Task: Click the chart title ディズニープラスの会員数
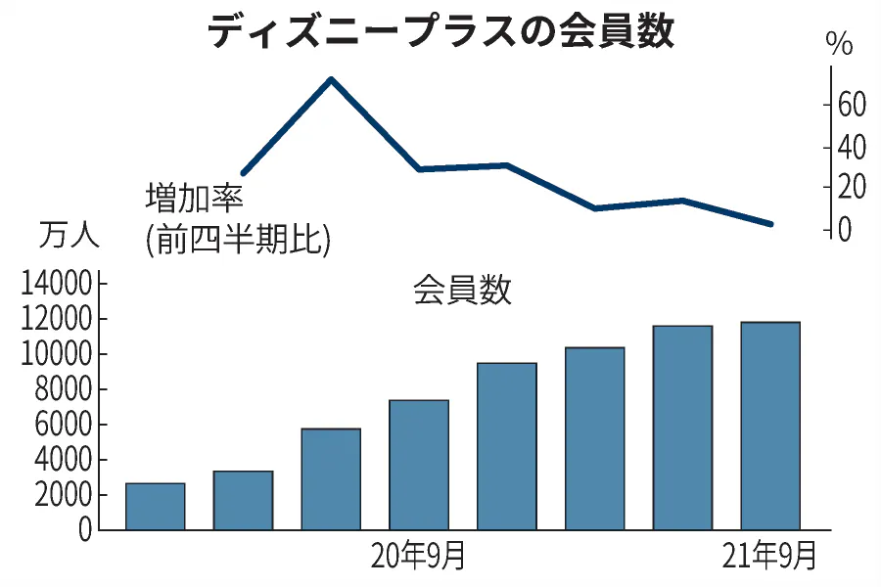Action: tap(440, 32)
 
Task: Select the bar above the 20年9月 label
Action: tap(419, 465)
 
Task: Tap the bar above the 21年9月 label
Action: tap(770, 426)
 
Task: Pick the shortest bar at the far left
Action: tap(155, 506)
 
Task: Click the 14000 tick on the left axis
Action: tap(56, 285)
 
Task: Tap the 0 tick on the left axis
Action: tap(85, 530)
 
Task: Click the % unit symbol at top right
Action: tap(840, 44)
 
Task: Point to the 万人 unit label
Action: tap(70, 235)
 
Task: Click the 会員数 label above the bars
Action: tap(462, 291)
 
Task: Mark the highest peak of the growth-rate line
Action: tap(331, 78)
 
